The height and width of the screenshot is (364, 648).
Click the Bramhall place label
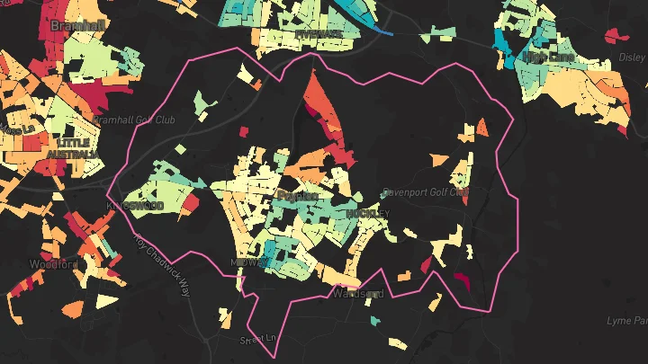pyautogui.click(x=76, y=25)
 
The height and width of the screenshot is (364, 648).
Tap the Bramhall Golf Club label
pyautogui.click(x=133, y=120)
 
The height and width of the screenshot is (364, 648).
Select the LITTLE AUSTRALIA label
pyautogui.click(x=76, y=148)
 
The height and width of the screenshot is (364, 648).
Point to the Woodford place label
pyautogui.click(x=54, y=264)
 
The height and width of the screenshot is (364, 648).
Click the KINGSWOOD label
pyautogui.click(x=135, y=206)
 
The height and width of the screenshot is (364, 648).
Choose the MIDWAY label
pyautogui.click(x=249, y=262)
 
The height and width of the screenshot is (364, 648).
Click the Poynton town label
pyautogui.click(x=298, y=196)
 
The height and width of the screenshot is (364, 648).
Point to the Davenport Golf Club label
pyautogui.click(x=425, y=191)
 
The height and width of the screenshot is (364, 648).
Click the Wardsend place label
pyautogui.click(x=358, y=294)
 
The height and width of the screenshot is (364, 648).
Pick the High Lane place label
pyautogui.click(x=547, y=58)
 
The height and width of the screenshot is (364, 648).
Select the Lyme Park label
pyautogui.click(x=628, y=320)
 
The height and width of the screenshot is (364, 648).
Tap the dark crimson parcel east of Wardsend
pyautogui.click(x=462, y=280)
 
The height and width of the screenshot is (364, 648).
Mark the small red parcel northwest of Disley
pyautogui.click(x=615, y=36)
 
